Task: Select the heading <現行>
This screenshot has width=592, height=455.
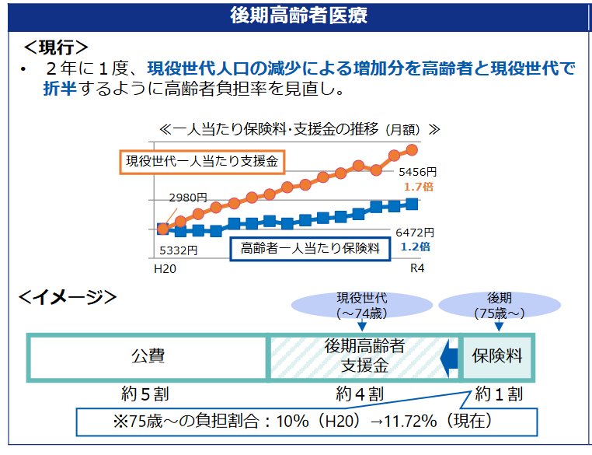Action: [x=56, y=47]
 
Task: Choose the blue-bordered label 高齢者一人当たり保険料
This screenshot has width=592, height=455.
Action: [x=310, y=248]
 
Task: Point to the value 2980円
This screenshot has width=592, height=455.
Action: [x=187, y=198]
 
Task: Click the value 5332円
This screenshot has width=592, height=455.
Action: [x=178, y=250]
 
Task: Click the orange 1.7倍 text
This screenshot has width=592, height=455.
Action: [x=417, y=187]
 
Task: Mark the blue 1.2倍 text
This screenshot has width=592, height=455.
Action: [x=415, y=247]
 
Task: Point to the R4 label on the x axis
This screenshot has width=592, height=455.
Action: [x=417, y=268]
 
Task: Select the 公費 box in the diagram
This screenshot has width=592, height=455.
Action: [x=148, y=357]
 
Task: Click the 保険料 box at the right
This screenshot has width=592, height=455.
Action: [x=497, y=357]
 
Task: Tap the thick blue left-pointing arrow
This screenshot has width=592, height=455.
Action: [x=447, y=358]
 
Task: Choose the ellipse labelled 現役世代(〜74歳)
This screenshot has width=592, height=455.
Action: [x=361, y=306]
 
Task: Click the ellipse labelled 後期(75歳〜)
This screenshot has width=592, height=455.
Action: [x=499, y=306]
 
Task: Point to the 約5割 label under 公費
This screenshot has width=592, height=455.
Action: [x=148, y=394]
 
